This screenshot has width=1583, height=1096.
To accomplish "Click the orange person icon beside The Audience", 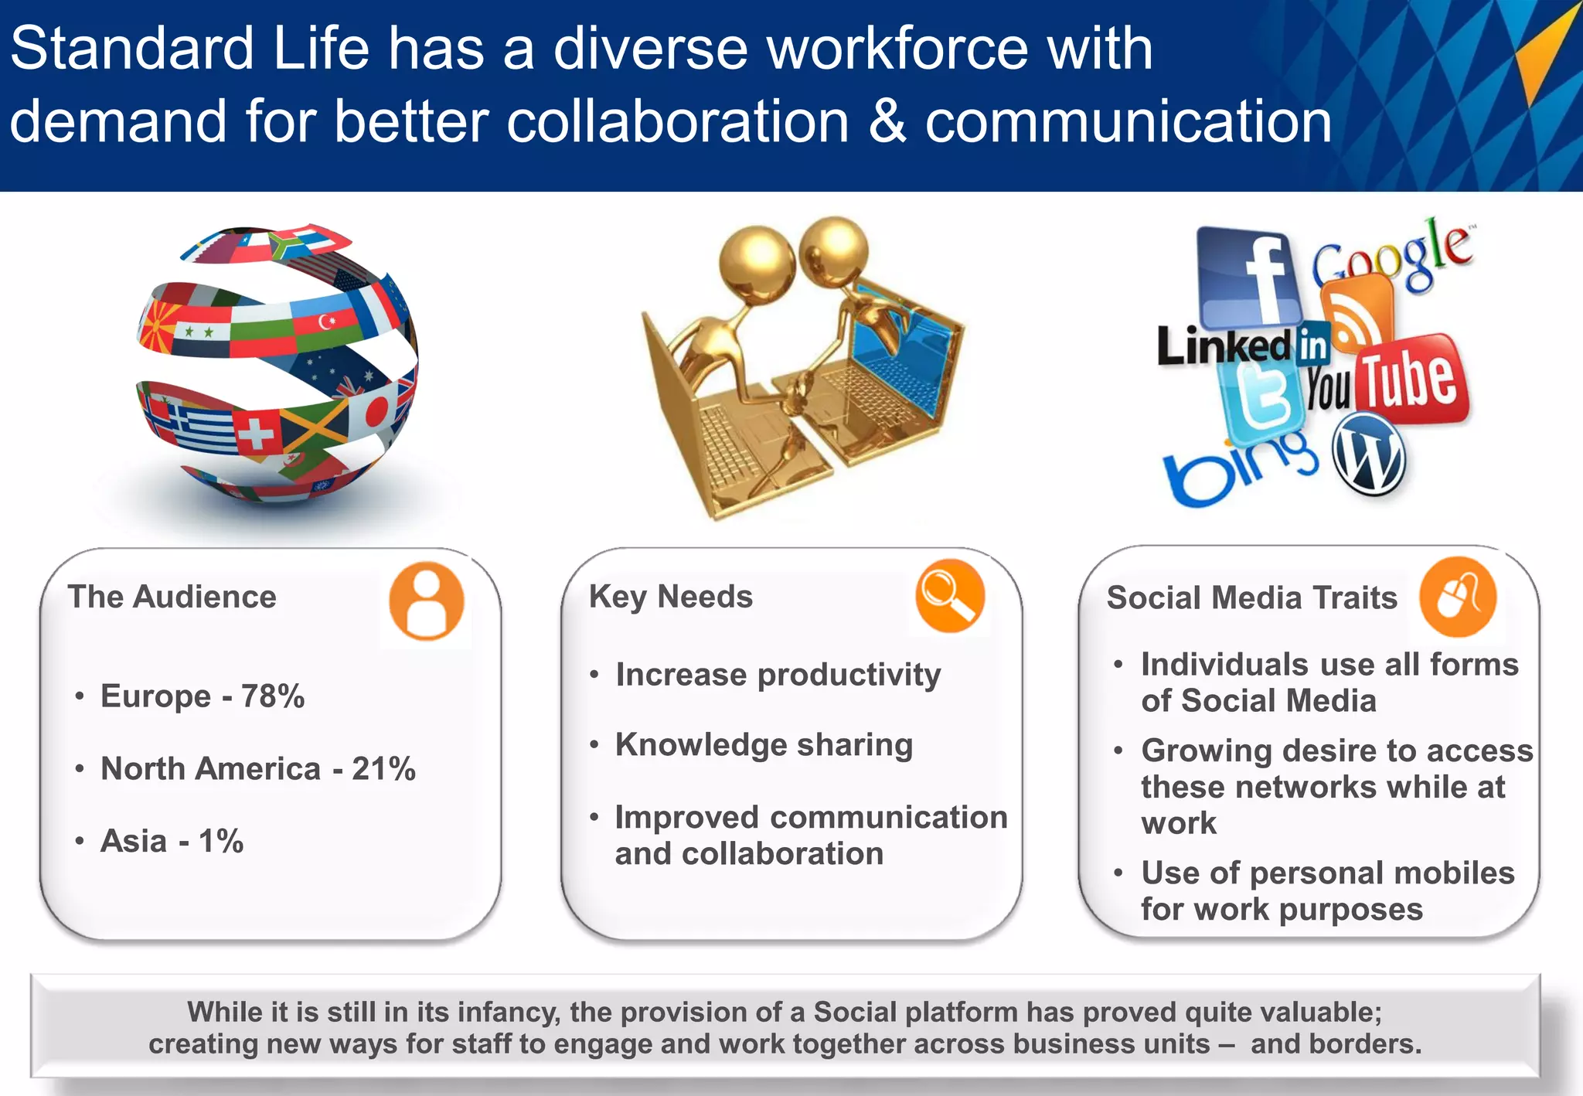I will pos(426,601).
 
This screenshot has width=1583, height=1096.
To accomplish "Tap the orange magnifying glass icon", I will pos(949,596).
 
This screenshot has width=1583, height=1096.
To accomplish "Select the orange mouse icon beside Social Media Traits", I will pos(1458,597).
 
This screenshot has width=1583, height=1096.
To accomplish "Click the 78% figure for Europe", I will pos(273,696).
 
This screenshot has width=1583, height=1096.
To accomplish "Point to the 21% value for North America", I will pos(383,769).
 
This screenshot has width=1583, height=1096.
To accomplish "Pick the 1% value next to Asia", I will pos(221,841).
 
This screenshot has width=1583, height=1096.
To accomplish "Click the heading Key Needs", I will pos(670,597).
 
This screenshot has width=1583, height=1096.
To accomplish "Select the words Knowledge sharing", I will pos(764,745).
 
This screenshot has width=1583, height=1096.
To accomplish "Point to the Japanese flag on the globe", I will pos(373,410).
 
